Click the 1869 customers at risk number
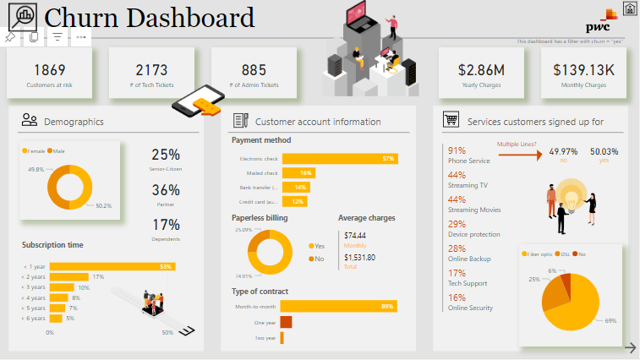click(50, 70)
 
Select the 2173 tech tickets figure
click(151, 70)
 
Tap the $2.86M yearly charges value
click(480, 70)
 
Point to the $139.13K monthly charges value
click(583, 70)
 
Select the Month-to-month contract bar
click(338, 306)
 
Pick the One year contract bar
click(286, 322)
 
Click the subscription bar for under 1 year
click(112, 267)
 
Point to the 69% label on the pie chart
click(610, 320)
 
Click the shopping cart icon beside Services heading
click(451, 121)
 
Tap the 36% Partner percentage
click(166, 190)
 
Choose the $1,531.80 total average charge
click(359, 257)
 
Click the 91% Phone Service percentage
click(457, 150)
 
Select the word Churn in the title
click(80, 17)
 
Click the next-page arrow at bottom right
click(630, 347)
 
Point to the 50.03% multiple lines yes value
click(604, 150)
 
